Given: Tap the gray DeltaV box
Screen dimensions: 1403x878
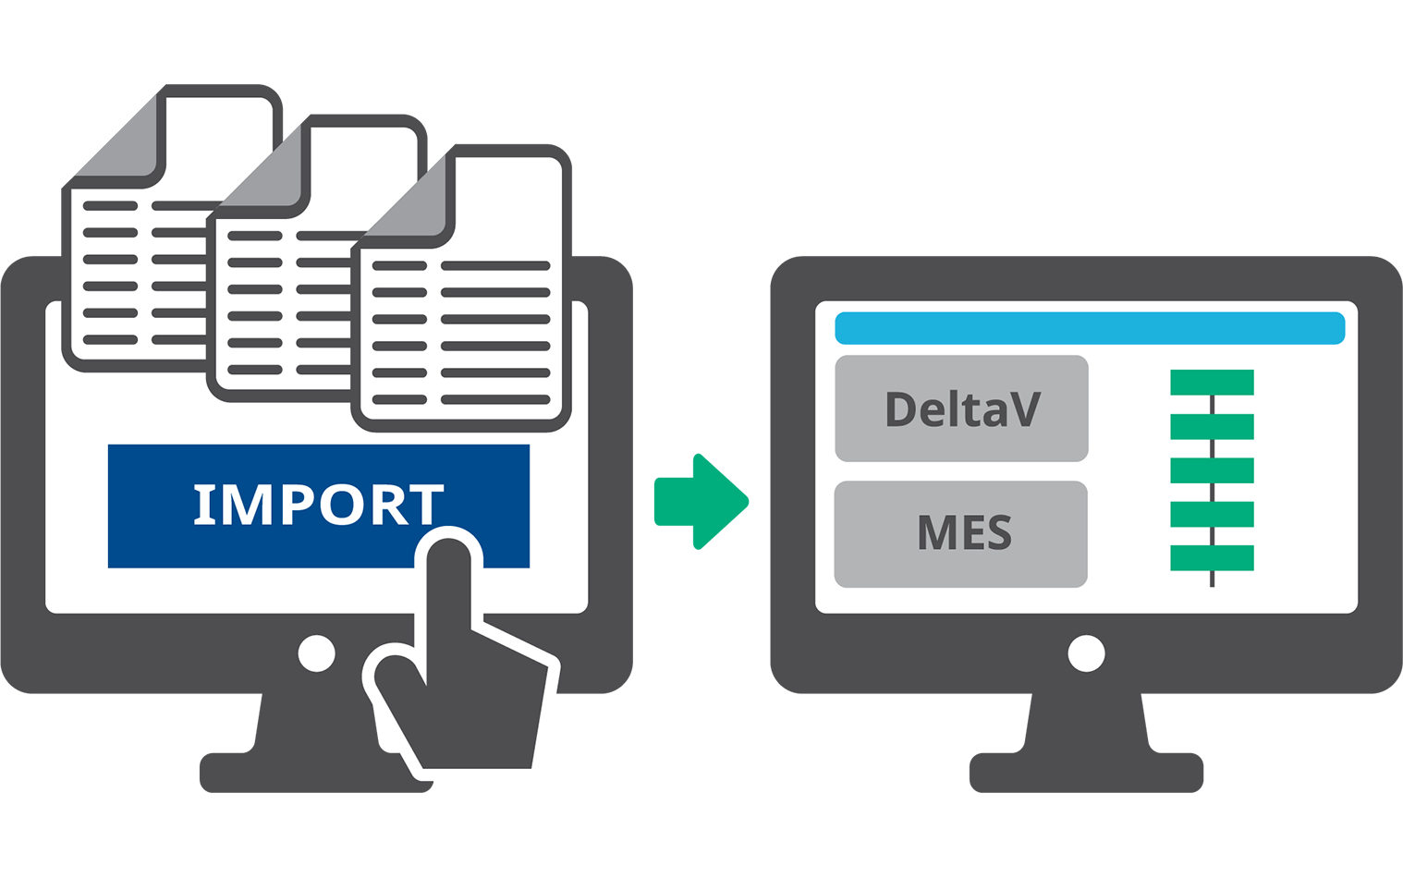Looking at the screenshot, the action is (x=961, y=409).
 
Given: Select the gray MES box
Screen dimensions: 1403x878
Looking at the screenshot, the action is (x=961, y=534).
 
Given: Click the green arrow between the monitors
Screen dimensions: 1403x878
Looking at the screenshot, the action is (x=701, y=502).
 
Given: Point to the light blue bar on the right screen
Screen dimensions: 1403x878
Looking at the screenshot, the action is (x=1090, y=328).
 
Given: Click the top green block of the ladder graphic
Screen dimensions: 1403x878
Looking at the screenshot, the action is (x=1212, y=382).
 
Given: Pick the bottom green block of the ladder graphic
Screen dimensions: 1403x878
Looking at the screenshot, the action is (x=1212, y=558).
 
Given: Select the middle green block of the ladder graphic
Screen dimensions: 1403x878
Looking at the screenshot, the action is (x=1212, y=470).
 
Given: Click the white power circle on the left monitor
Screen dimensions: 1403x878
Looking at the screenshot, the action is (x=316, y=653).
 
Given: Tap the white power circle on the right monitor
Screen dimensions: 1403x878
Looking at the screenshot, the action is (x=1086, y=653).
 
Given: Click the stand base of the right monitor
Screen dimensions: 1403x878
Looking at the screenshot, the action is (x=1086, y=772).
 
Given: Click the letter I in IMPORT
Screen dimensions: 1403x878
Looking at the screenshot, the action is (x=203, y=504).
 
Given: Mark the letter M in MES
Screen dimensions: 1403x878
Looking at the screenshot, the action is (x=935, y=532).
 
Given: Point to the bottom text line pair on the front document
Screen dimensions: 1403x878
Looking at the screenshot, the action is (x=461, y=399).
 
